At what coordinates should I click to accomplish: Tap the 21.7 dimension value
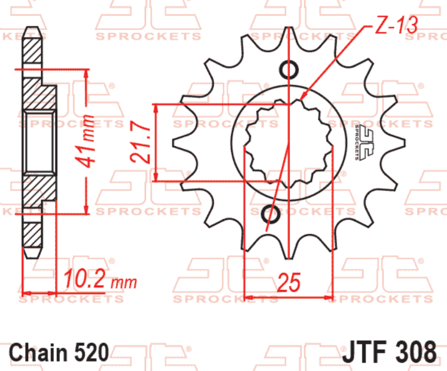[138, 143]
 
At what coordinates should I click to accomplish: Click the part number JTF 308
[389, 352]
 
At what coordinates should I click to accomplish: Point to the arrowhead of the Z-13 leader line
[303, 98]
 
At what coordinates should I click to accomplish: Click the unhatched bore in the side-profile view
[38, 142]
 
